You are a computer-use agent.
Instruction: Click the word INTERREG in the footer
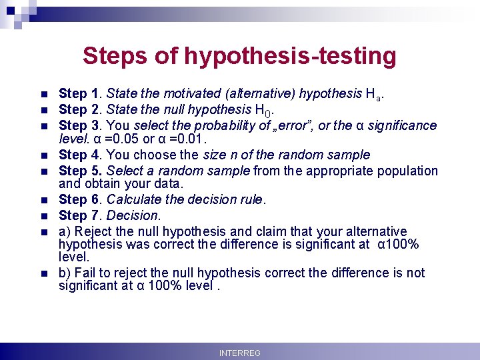click(x=240, y=353)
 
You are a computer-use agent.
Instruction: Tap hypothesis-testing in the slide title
click(x=290, y=56)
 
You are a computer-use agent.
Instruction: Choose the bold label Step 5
click(x=81, y=171)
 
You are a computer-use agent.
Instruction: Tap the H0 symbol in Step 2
click(x=263, y=110)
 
